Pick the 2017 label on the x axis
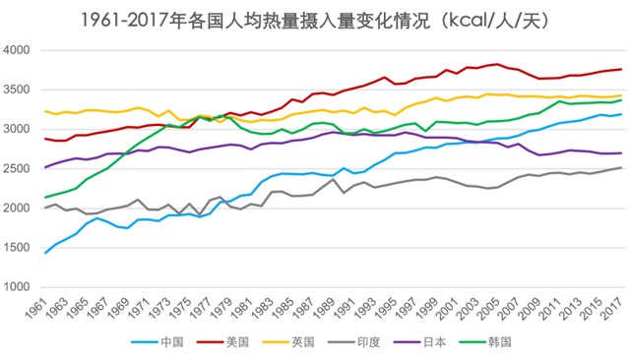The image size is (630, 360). point(616,308)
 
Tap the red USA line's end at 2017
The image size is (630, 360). point(620,69)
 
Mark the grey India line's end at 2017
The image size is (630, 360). point(620,167)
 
